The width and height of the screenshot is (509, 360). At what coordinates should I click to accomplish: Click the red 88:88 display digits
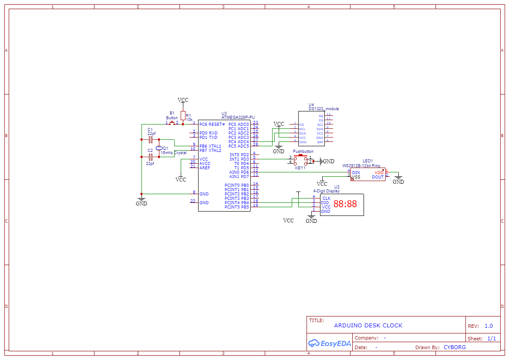[345, 204]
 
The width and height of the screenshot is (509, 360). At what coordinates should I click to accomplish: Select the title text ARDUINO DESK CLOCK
[368, 326]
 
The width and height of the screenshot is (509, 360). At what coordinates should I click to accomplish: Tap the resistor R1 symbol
[183, 115]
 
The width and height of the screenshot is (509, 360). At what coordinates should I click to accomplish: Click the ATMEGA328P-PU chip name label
[238, 118]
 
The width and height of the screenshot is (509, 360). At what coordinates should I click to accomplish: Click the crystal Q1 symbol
[159, 148]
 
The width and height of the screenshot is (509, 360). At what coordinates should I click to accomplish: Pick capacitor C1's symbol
[151, 140]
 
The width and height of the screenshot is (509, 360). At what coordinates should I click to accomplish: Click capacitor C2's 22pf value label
[150, 164]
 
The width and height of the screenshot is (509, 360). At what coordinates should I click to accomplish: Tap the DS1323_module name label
[324, 109]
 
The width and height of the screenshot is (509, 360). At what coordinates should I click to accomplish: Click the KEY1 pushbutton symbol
[300, 161]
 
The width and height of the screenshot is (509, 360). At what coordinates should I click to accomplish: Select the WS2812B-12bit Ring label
[361, 166]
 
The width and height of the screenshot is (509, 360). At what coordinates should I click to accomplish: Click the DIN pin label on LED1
[356, 173]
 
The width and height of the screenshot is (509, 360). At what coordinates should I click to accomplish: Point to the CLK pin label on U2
[326, 199]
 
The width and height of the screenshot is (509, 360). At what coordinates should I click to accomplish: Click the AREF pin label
[205, 168]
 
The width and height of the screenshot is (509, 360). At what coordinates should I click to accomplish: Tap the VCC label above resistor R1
[183, 100]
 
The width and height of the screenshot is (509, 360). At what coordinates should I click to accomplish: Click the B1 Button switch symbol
[172, 123]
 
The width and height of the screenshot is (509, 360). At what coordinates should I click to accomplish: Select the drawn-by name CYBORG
[455, 347]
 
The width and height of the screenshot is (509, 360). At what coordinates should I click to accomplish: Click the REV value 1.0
[489, 326]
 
